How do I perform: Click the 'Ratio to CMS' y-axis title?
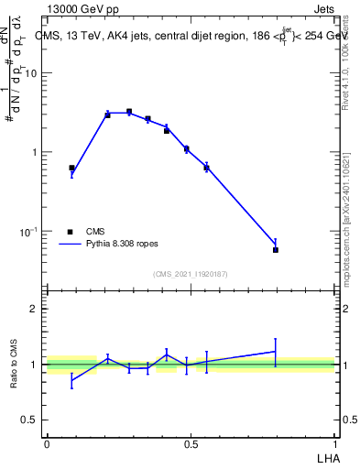(15, 365)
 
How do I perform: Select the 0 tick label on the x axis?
(47, 443)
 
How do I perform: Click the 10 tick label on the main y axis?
(31, 73)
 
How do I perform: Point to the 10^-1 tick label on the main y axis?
(28, 231)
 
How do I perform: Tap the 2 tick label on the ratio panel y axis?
(34, 310)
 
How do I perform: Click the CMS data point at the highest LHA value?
(276, 249)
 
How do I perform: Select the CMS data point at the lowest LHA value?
(71, 168)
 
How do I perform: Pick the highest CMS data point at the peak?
(129, 112)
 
